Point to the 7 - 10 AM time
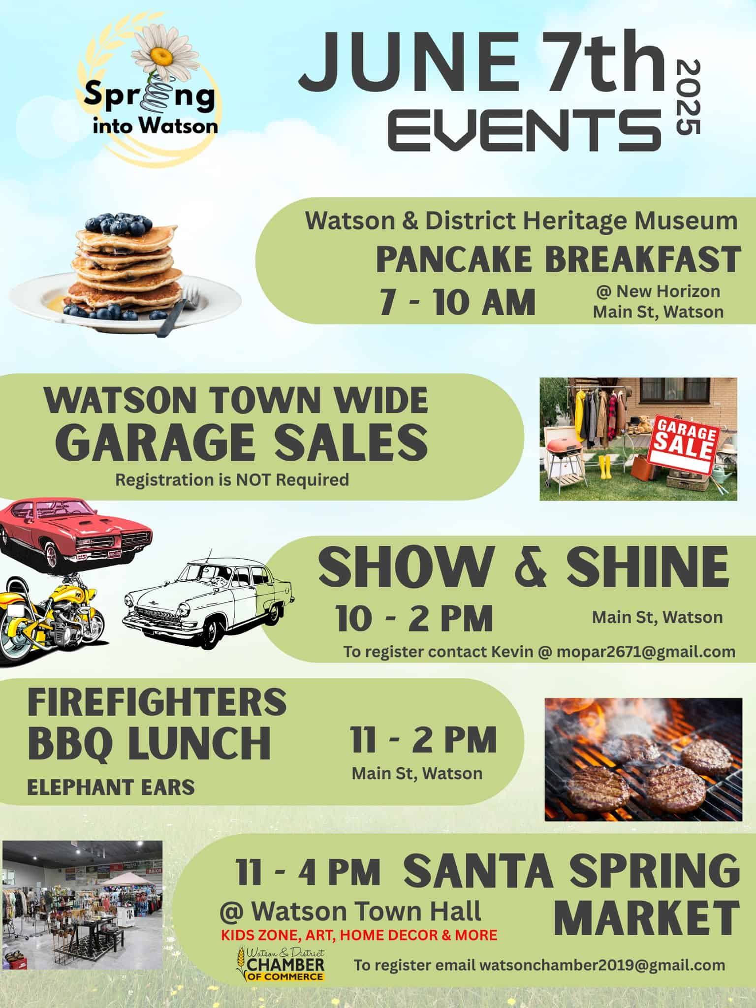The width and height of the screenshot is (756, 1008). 457,302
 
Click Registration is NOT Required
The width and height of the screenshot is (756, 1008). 232,479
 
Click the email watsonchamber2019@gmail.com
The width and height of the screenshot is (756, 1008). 540,965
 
